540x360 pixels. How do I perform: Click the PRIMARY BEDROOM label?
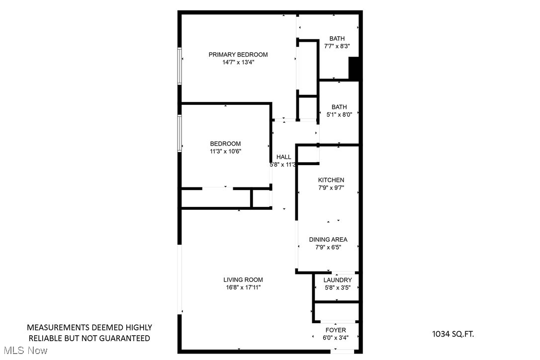click(238, 55)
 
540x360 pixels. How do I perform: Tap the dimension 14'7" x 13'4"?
click(238, 63)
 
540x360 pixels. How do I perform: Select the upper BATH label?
click(337, 39)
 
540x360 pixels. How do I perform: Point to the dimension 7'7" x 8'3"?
click(337, 46)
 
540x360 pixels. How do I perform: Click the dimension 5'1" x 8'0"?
click(339, 114)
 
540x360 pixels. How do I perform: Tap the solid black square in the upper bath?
click(354, 69)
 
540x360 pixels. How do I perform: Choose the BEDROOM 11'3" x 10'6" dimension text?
click(225, 152)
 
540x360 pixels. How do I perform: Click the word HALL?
click(284, 157)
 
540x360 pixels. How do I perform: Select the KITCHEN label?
click(331, 180)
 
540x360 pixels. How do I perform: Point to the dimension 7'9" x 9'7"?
click(331, 188)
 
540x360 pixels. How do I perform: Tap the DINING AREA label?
click(328, 240)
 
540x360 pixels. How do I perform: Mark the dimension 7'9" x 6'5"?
click(328, 247)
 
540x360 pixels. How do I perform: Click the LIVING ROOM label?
click(243, 280)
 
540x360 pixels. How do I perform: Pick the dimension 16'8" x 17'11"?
click(243, 287)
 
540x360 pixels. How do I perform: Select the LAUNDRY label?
click(338, 280)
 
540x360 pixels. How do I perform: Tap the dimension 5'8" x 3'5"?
click(338, 287)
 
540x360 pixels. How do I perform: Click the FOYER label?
click(336, 330)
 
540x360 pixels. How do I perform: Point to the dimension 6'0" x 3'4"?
click(336, 338)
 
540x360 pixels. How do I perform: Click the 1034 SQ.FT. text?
click(452, 334)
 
